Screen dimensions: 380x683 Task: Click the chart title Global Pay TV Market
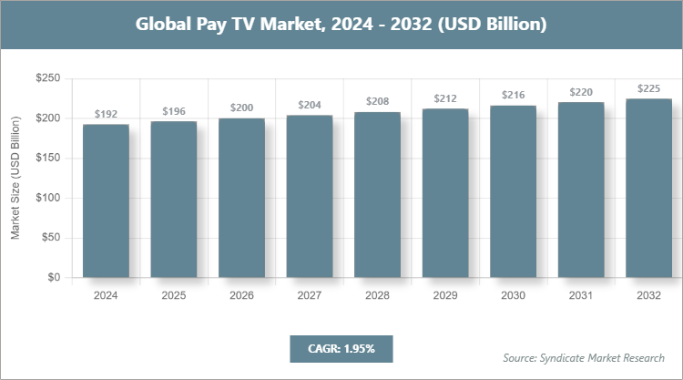click(x=341, y=25)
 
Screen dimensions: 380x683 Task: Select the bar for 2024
click(x=106, y=200)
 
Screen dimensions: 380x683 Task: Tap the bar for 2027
click(x=310, y=196)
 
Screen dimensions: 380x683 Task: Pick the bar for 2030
click(x=513, y=191)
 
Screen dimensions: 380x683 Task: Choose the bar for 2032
click(x=648, y=188)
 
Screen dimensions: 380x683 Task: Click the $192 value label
click(x=106, y=115)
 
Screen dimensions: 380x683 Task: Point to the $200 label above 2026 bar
click(x=241, y=108)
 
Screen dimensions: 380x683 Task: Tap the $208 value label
click(x=377, y=100)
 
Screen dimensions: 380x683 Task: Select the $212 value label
click(x=445, y=98)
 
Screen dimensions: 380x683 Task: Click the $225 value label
click(x=648, y=88)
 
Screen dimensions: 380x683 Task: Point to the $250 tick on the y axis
click(x=47, y=79)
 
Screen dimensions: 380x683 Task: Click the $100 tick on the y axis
click(x=47, y=198)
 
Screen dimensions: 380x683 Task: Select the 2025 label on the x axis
click(x=174, y=295)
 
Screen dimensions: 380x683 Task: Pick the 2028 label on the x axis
click(x=377, y=295)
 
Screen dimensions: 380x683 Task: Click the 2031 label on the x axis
click(x=580, y=295)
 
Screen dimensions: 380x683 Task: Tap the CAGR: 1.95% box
click(x=339, y=348)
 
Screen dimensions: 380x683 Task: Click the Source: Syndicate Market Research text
click(x=583, y=356)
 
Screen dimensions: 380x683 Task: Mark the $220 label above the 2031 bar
click(x=580, y=91)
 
